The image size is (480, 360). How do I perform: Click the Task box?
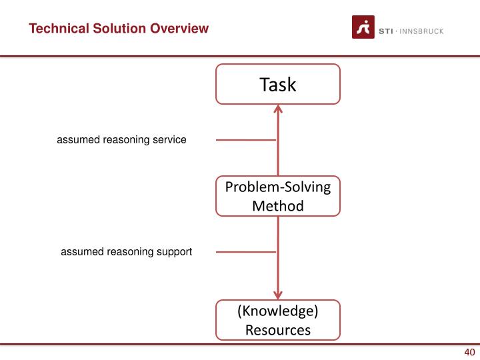tap(277, 85)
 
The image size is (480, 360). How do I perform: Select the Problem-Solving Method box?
tap(277, 196)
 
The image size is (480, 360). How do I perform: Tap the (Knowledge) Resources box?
tap(277, 320)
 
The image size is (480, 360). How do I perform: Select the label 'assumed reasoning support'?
tap(127, 252)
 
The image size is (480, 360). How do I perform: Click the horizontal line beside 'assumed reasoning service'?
tap(245, 140)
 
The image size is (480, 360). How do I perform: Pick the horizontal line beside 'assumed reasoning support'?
tap(245, 252)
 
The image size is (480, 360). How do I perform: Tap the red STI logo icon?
tap(363, 29)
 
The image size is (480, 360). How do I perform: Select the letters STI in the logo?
tap(387, 31)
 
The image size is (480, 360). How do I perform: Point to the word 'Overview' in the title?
tap(181, 29)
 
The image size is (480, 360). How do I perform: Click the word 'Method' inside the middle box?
tap(277, 206)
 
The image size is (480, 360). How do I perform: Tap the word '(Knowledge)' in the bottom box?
tap(277, 311)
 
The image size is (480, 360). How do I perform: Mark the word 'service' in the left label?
tap(170, 140)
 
